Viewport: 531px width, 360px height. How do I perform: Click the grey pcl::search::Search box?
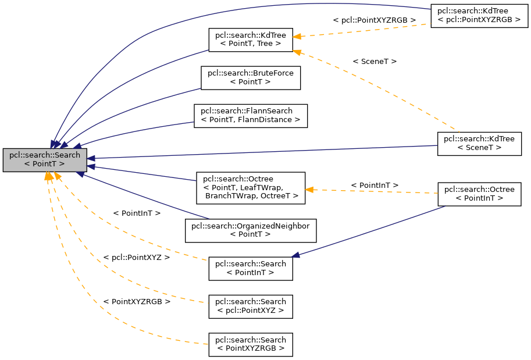[x=45, y=160]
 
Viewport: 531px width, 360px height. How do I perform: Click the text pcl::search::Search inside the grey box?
[x=45, y=155]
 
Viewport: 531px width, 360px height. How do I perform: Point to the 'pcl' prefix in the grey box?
[x=15, y=155]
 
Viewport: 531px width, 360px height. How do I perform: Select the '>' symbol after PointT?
[x=62, y=165]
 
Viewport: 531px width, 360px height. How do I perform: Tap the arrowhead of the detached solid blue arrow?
[x=295, y=255]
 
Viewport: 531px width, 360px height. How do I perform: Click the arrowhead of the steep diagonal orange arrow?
[x=297, y=52]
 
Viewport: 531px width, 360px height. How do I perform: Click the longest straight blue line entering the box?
[x=262, y=152]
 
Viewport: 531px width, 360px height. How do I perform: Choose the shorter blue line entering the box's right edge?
[x=145, y=174]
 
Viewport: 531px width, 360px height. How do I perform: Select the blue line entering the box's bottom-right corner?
[x=145, y=196]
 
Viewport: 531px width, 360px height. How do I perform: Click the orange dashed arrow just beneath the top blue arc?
[x=361, y=30]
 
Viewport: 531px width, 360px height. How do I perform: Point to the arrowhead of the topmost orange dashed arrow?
[x=297, y=37]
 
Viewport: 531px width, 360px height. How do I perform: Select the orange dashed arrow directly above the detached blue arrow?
[x=372, y=191]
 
